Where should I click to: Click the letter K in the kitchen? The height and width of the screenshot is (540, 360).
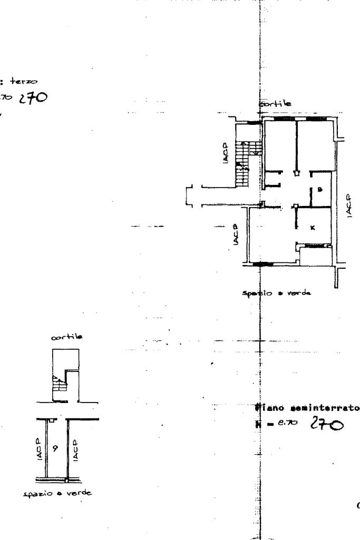[312, 228]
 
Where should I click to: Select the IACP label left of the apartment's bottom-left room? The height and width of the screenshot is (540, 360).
[236, 234]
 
